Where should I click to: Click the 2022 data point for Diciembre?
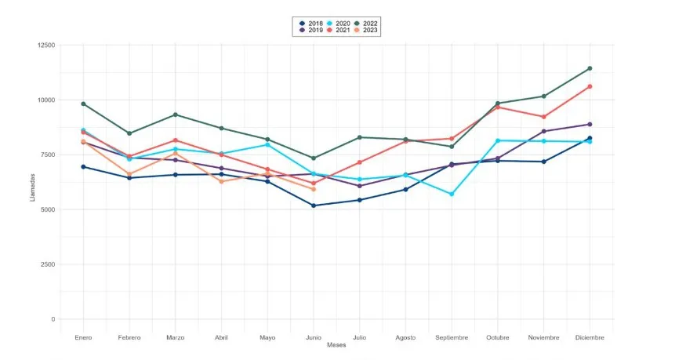click(x=590, y=68)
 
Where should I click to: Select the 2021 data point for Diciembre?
click(x=590, y=86)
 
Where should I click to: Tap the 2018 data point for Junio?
click(x=314, y=205)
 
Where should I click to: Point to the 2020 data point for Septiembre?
click(x=452, y=194)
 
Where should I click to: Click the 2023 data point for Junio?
click(x=314, y=189)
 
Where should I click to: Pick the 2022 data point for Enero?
click(x=83, y=104)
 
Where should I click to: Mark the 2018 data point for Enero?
click(x=83, y=166)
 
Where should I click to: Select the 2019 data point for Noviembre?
click(x=543, y=131)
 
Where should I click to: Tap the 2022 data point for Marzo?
click(x=175, y=115)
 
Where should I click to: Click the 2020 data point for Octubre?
click(x=497, y=140)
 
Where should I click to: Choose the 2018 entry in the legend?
click(x=312, y=24)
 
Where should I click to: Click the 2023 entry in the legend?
click(x=365, y=30)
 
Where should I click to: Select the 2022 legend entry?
click(x=365, y=24)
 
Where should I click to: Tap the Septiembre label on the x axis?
click(x=452, y=337)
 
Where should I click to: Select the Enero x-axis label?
click(x=83, y=337)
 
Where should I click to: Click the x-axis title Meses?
click(x=336, y=345)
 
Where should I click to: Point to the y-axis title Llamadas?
click(x=32, y=187)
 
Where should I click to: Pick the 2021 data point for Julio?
click(x=359, y=162)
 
